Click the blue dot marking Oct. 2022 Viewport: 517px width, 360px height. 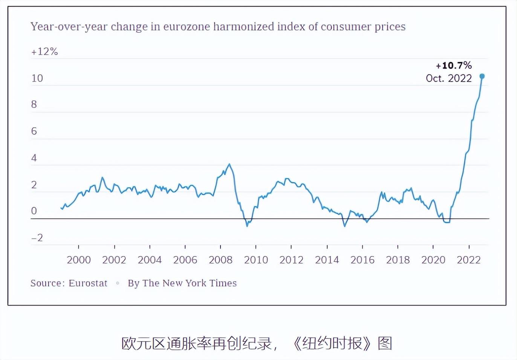click(482, 76)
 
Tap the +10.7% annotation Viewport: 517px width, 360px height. click(454, 66)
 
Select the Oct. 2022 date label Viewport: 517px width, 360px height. click(449, 78)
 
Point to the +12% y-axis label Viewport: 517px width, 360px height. click(44, 52)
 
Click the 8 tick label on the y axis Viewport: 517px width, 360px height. click(34, 104)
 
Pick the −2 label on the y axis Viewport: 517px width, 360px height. click(37, 238)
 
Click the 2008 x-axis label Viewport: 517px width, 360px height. click(221, 260)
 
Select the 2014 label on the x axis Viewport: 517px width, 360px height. click(327, 260)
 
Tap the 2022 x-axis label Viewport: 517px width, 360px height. click(469, 260)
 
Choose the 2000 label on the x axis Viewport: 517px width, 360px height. click(79, 260)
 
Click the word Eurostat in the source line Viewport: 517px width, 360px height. click(88, 283)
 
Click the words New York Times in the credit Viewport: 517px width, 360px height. click(200, 283)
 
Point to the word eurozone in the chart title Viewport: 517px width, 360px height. click(187, 26)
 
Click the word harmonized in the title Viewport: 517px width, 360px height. click(244, 26)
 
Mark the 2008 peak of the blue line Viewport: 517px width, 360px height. click(229, 164)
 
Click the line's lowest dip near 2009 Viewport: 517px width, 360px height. click(247, 226)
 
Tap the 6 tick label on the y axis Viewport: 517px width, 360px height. click(34, 131)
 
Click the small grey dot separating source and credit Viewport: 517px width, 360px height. click(118, 283)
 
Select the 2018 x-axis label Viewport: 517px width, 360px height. click(398, 260)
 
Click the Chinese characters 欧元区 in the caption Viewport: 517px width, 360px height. click(143, 343)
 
